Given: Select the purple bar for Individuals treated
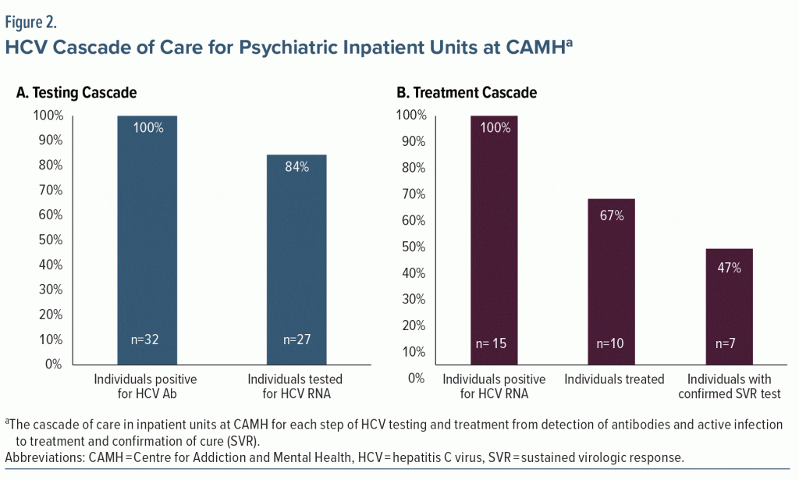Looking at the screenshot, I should coord(612,281).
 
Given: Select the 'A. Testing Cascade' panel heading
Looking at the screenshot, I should coord(76,93).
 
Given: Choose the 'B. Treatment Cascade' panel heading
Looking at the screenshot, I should coord(467,93).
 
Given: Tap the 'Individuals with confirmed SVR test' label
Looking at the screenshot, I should coord(729,387).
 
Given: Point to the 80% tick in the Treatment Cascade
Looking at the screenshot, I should coord(411,168).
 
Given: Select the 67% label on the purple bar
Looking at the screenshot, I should coord(612,215).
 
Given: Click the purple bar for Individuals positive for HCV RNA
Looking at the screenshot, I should coord(494,234).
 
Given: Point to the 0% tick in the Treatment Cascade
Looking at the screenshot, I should coord(416,378).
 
